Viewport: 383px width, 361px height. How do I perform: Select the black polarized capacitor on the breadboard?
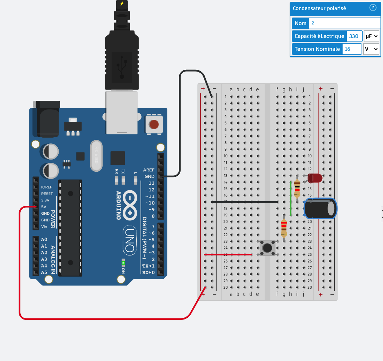[x=319, y=208]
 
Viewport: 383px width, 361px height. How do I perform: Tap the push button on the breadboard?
[x=267, y=248]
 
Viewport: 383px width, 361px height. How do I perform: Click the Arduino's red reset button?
[x=154, y=125]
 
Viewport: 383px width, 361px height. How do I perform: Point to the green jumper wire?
[x=290, y=199]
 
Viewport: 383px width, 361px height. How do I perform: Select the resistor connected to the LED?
[x=297, y=189]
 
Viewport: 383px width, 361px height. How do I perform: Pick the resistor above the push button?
[x=284, y=228]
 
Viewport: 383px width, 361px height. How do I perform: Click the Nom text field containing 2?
[x=344, y=23]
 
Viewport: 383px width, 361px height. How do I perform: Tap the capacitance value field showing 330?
[x=354, y=36]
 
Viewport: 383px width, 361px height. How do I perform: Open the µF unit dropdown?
[x=371, y=36]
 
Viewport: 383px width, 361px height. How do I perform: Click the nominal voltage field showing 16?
[x=352, y=49]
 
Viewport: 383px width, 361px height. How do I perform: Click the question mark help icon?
[x=373, y=8]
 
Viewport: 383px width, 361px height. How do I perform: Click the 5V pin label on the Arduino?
[x=44, y=207]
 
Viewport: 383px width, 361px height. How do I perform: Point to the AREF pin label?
[x=148, y=170]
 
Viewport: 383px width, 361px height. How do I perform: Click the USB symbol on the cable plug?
[x=122, y=67]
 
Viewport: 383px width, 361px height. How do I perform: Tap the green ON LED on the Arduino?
[x=123, y=263]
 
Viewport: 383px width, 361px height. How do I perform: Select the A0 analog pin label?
[x=44, y=239]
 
